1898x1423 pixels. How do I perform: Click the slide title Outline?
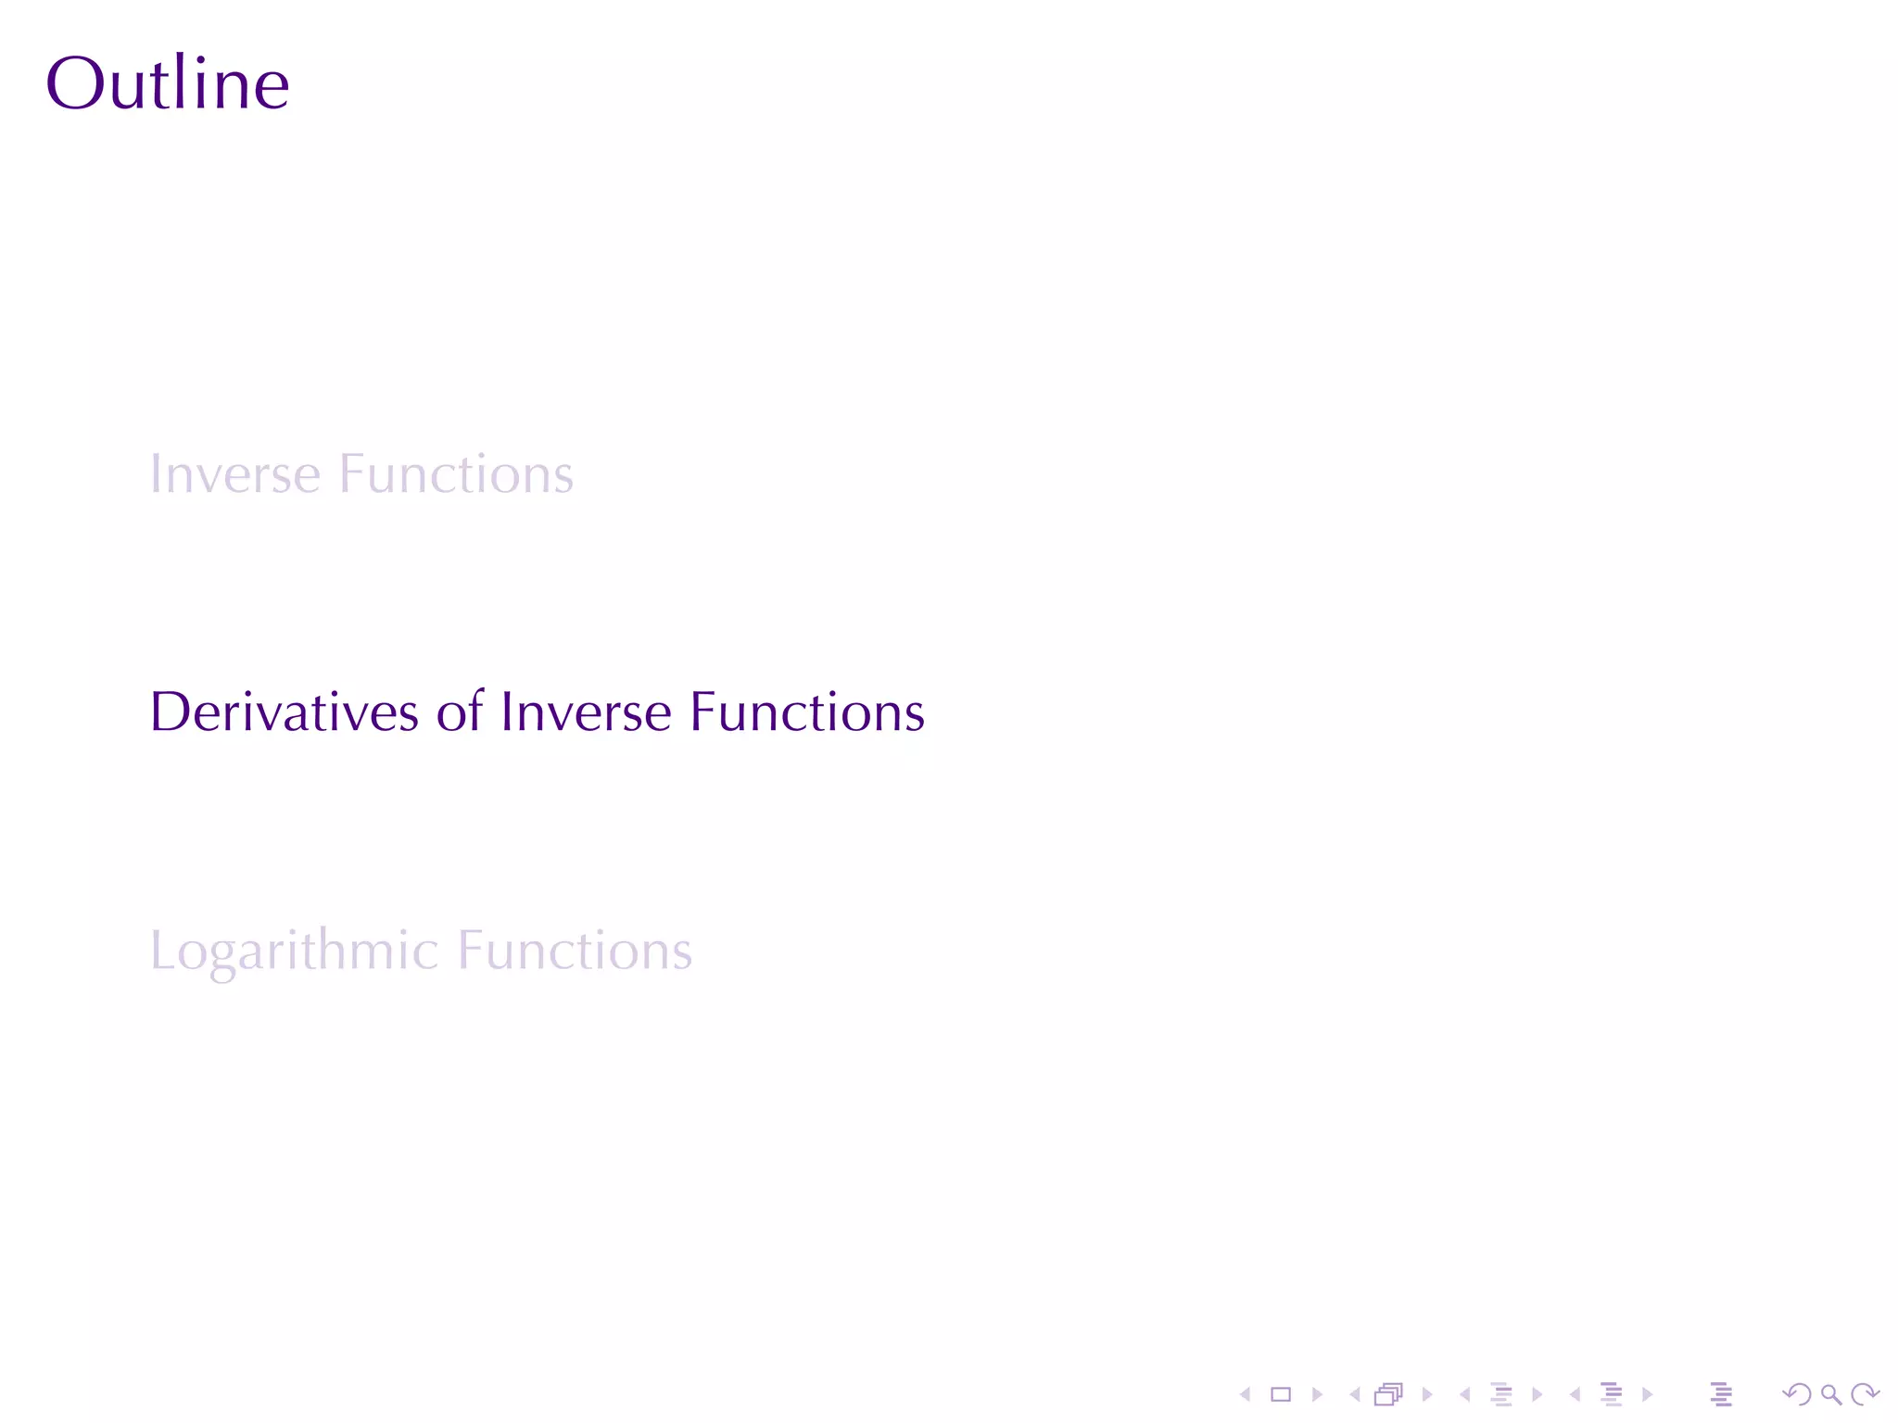pos(168,83)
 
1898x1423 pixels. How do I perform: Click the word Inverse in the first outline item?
pos(235,474)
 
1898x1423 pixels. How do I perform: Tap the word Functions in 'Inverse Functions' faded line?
pos(456,474)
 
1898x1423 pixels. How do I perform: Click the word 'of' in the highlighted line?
pos(460,711)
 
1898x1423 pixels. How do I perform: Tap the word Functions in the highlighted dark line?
pos(807,711)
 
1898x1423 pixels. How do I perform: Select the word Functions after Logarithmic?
pos(576,951)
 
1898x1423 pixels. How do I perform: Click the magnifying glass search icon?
pos(1830,1394)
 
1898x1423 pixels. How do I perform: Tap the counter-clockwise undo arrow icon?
pos(1797,1394)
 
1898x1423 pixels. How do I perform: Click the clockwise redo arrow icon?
pos(1865,1394)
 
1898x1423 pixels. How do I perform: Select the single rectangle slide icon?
pos(1281,1394)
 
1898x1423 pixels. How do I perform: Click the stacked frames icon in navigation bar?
pos(1388,1394)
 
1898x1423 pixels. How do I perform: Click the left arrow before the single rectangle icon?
pos(1246,1394)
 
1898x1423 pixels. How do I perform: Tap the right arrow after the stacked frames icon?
pos(1427,1394)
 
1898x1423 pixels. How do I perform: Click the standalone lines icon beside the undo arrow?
pos(1721,1394)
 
